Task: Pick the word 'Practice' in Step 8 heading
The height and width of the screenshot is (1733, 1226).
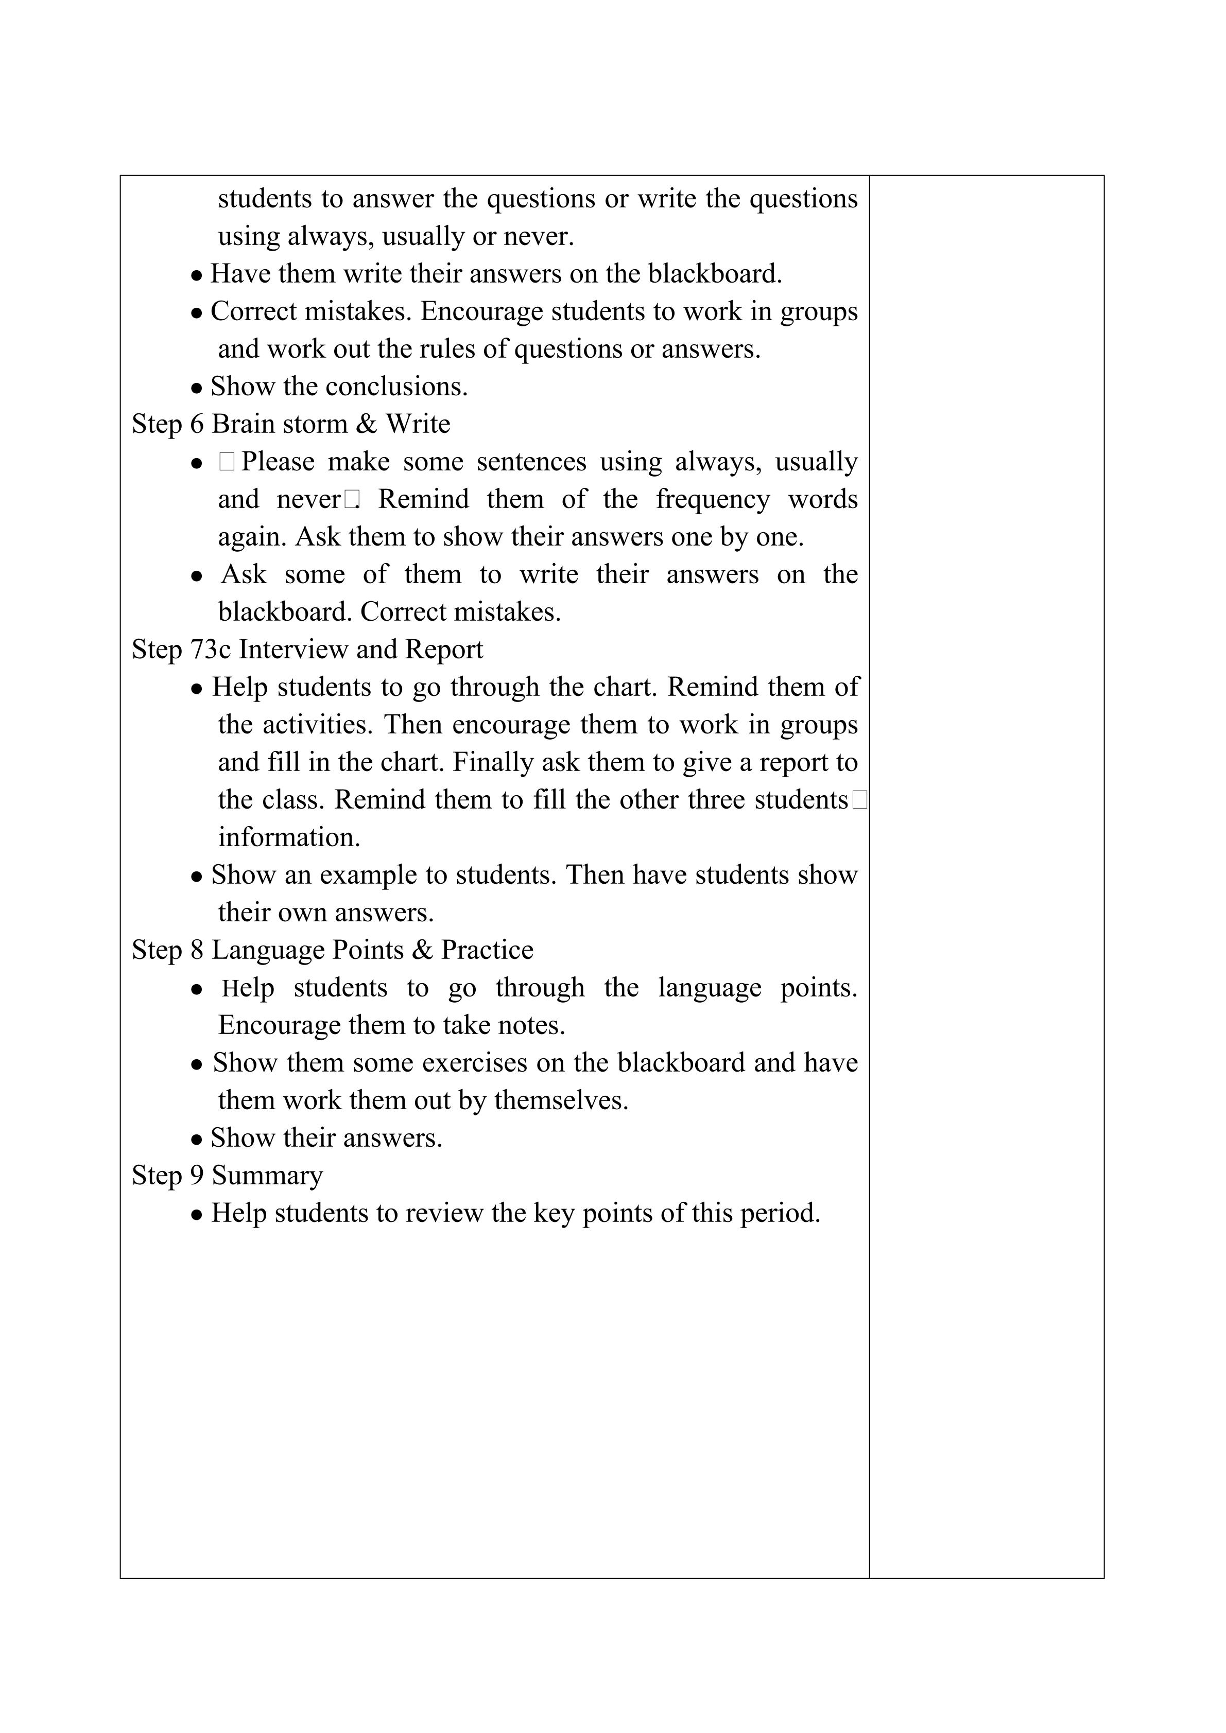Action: tap(487, 950)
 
